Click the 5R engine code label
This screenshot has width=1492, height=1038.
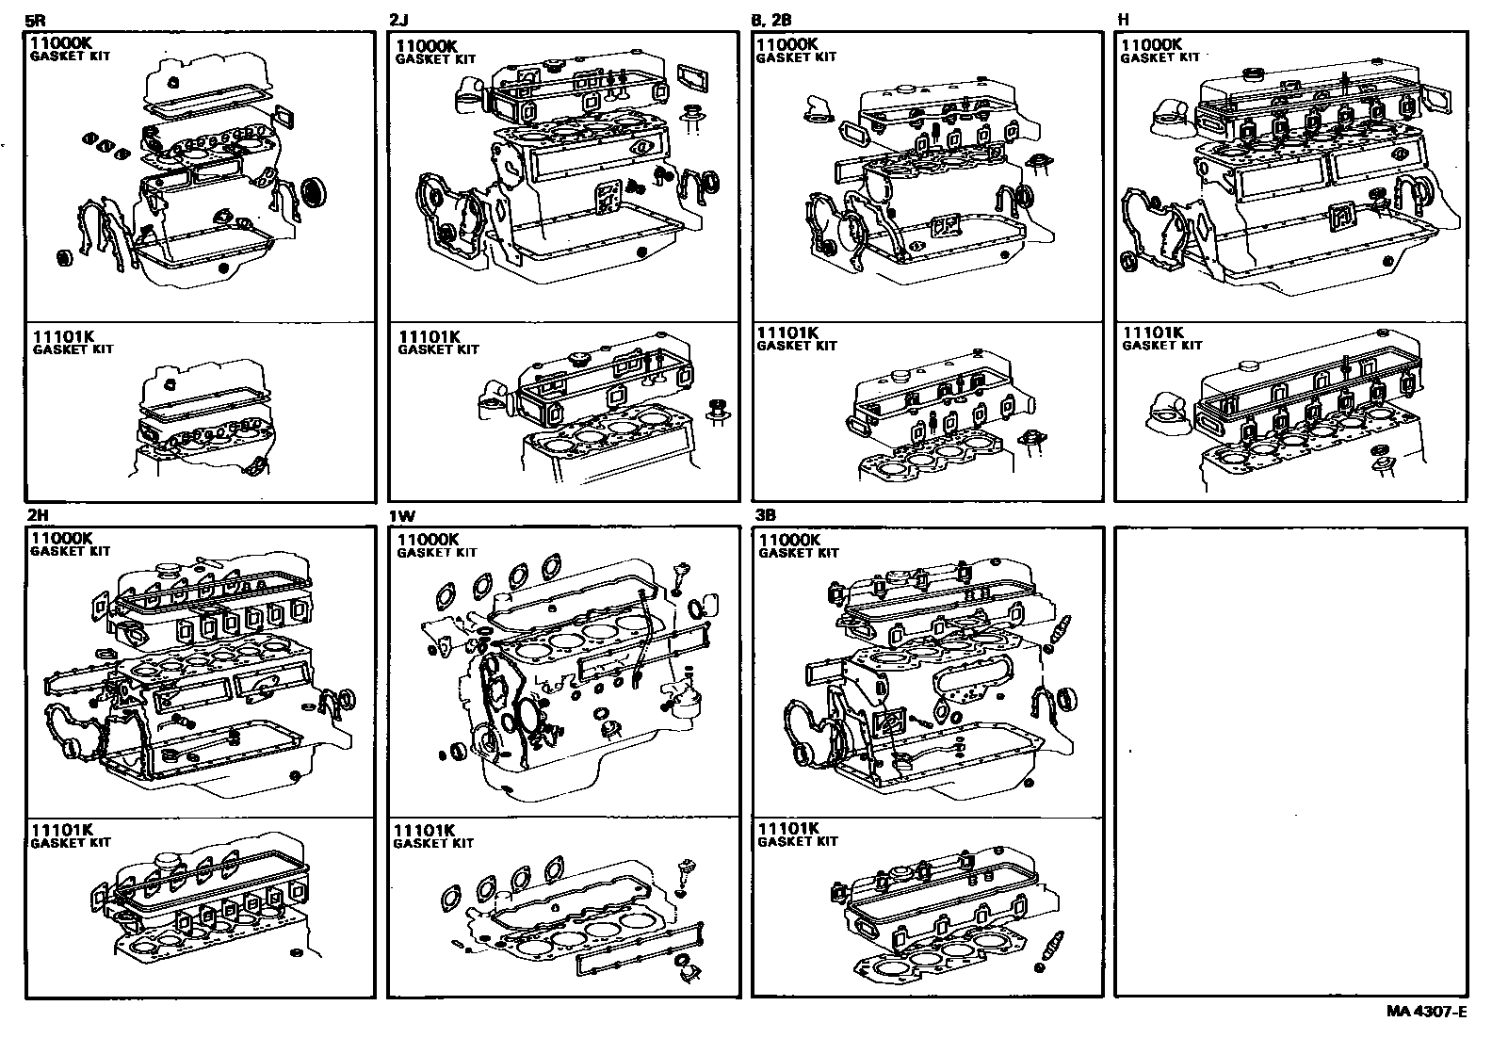tap(34, 20)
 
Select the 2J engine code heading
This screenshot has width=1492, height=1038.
tap(398, 20)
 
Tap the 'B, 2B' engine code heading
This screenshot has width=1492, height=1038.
tap(771, 20)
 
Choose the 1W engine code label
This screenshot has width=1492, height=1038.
tap(400, 516)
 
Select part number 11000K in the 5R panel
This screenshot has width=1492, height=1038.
tap(61, 43)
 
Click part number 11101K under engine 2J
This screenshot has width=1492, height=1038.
tap(429, 336)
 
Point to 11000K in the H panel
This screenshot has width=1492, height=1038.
tap(1151, 44)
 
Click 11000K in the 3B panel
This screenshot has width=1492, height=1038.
tap(789, 540)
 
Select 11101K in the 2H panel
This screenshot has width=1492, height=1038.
tap(61, 830)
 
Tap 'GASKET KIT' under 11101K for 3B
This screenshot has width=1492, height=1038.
tap(797, 841)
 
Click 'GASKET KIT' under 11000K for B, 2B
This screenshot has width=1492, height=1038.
tap(796, 57)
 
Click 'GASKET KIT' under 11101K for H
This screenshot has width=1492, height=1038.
tap(1161, 346)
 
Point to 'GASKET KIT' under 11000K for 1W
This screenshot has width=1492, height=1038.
tap(436, 553)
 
